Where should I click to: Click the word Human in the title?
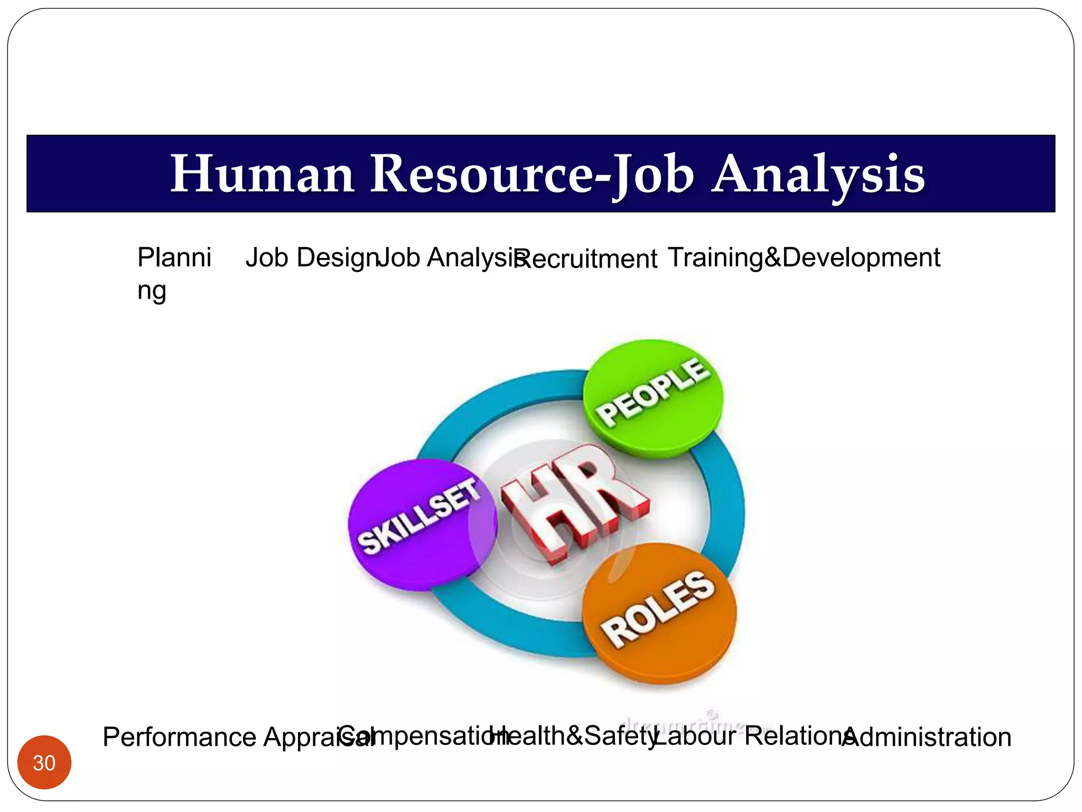[262, 174]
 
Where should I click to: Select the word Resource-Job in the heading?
[532, 174]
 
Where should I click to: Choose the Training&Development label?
[804, 258]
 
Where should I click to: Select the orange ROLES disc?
[659, 613]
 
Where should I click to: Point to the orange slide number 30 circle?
[44, 762]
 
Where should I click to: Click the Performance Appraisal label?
[222, 737]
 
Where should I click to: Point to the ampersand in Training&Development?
[772, 258]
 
